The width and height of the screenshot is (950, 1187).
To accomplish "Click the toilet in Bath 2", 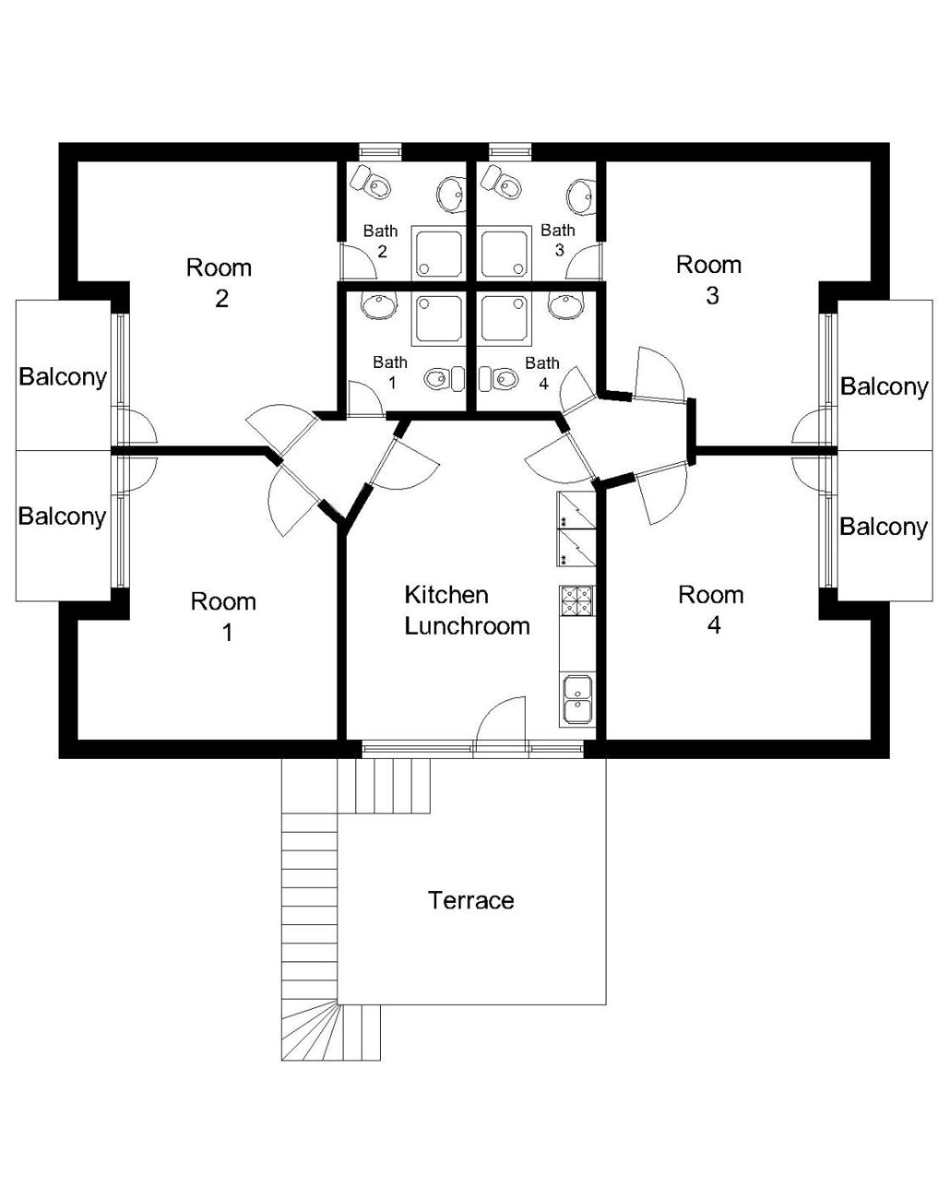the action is [372, 181].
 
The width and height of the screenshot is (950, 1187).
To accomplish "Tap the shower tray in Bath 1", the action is [439, 319].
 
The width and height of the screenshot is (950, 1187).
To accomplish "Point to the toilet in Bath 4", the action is [499, 378].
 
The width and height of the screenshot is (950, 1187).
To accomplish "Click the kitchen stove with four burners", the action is [577, 601].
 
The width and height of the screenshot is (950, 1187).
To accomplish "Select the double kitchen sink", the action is [578, 700].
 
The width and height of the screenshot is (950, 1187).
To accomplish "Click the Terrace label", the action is [471, 900].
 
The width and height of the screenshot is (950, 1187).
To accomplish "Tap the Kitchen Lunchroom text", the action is [467, 610].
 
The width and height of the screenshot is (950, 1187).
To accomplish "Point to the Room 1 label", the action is [224, 617].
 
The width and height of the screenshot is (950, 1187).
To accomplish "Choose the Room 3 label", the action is [709, 280].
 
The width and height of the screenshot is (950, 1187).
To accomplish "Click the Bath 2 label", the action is [381, 241].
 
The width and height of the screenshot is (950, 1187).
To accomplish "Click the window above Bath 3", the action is [510, 151].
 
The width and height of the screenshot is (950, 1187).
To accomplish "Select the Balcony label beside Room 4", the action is [883, 527].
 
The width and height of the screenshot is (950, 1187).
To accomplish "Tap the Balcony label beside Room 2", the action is [63, 377].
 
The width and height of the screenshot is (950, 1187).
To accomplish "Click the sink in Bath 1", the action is [379, 305].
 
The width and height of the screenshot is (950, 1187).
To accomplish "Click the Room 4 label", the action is [712, 610].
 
